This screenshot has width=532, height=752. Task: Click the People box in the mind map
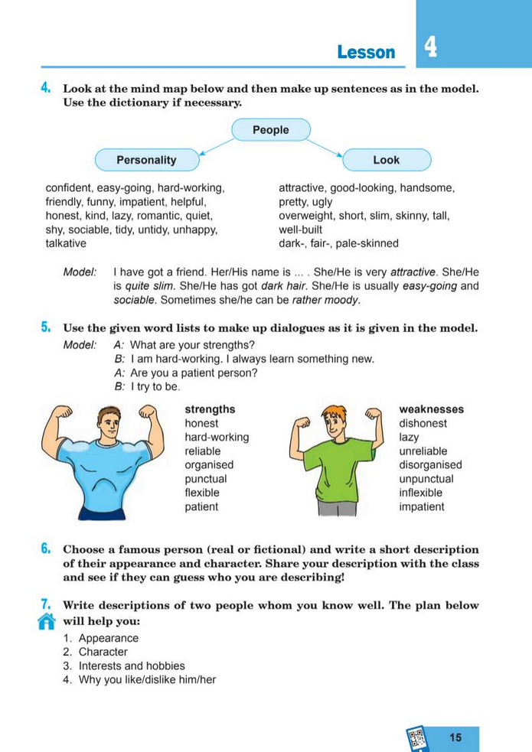click(x=270, y=130)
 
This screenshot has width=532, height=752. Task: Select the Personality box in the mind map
click(x=146, y=160)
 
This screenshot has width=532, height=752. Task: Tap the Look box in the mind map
click(x=386, y=160)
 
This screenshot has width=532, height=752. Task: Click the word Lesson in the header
click(x=366, y=52)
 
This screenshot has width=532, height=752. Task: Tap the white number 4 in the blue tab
click(x=431, y=47)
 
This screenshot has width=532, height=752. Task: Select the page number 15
click(x=455, y=737)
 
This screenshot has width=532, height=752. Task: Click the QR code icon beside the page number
click(x=417, y=738)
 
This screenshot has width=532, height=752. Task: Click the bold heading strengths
click(x=210, y=409)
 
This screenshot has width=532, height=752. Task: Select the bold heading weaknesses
click(x=431, y=409)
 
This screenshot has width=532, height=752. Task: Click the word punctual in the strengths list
click(x=206, y=479)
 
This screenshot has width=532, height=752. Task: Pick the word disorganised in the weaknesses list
click(x=430, y=465)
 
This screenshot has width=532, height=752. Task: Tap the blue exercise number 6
click(x=46, y=549)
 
